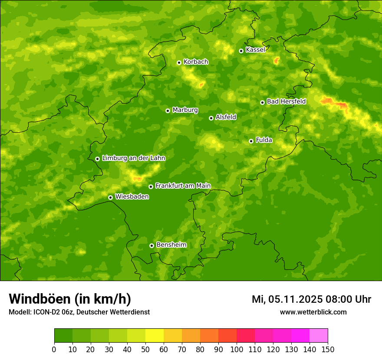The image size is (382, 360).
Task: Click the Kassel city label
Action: pos(255,50)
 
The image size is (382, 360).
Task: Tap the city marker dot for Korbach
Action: pos(179,62)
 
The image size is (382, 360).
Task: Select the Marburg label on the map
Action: pos(185,110)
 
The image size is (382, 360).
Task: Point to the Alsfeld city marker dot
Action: pos(211,118)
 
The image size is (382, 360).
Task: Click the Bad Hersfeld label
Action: pos(286,101)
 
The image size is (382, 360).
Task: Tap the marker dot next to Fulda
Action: pos(251,141)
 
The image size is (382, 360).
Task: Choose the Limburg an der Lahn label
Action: pos(133,158)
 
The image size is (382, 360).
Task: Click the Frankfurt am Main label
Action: pos(183,186)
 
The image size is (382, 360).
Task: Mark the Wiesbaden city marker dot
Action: pos(110,197)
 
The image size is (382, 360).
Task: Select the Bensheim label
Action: pos(171,245)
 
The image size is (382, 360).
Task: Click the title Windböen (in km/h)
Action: pos(70,299)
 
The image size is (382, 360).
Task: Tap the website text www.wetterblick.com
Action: pos(313,312)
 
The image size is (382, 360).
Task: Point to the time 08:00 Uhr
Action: pos(348,299)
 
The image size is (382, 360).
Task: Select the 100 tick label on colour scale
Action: pos(237,350)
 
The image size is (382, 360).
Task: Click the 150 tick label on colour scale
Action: pos(328,350)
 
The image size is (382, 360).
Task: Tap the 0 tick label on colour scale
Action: pos(54,350)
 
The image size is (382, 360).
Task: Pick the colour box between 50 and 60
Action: pos(155,336)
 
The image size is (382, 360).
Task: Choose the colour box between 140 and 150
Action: pos(319,336)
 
